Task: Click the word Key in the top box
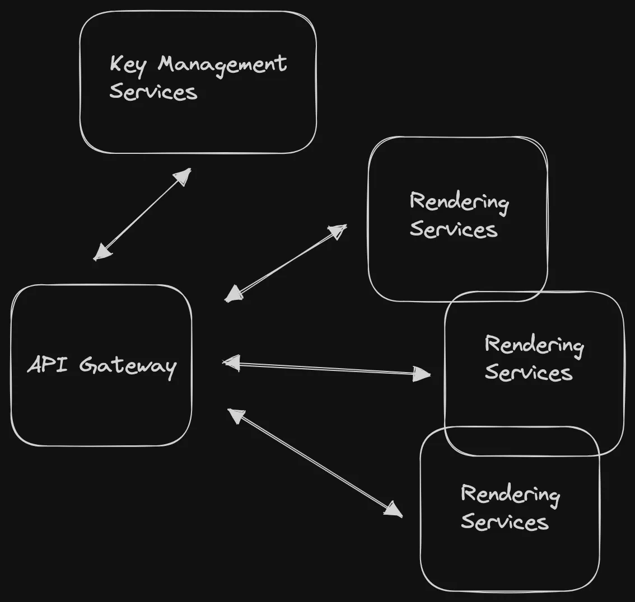tap(128, 64)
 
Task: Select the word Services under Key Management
tap(153, 91)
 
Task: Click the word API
tap(48, 365)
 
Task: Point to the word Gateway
tap(128, 366)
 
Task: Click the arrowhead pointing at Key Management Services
tap(183, 176)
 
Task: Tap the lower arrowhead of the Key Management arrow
tap(102, 252)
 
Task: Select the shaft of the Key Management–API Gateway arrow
tap(143, 214)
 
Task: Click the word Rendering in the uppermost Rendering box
tap(459, 202)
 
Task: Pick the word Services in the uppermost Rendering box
tap(454, 229)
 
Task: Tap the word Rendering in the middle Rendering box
tap(534, 345)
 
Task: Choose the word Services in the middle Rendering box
tap(529, 373)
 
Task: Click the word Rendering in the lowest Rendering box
tap(510, 495)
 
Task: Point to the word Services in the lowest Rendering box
tap(505, 522)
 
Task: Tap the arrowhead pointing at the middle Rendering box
tap(422, 373)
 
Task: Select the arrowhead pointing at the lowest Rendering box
tap(394, 510)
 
